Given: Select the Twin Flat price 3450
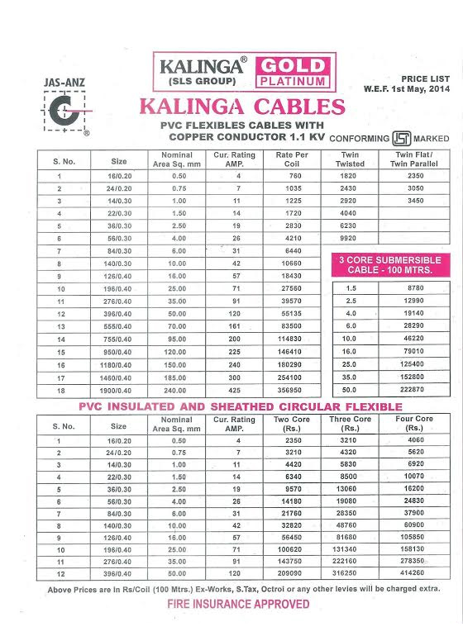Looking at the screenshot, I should (416, 201).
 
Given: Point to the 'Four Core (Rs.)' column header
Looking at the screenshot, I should (413, 425).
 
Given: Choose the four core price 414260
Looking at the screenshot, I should (413, 572).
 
